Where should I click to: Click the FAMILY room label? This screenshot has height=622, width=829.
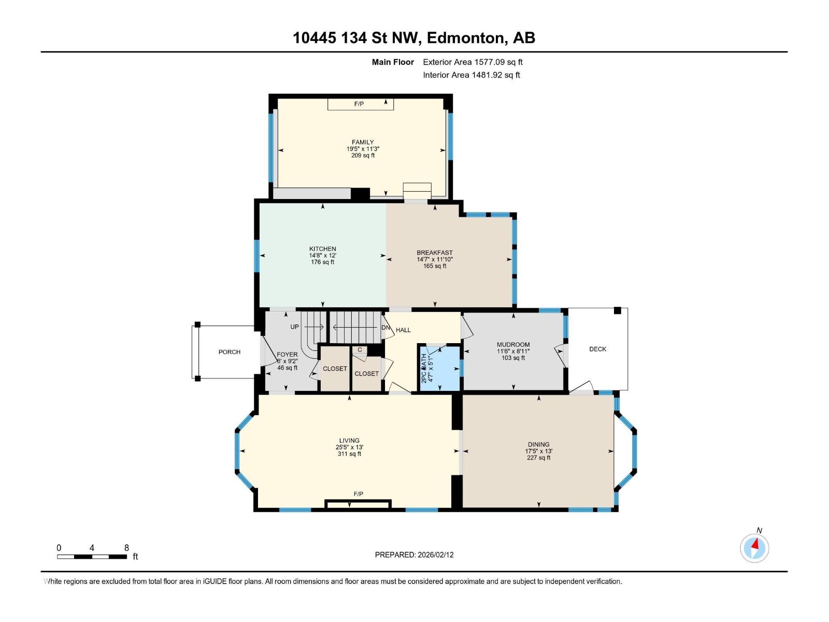click(x=363, y=142)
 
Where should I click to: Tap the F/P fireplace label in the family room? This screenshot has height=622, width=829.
click(x=359, y=104)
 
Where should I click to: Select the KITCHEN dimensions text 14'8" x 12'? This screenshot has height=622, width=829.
click(x=322, y=256)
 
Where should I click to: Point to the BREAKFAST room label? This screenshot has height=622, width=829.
click(x=434, y=252)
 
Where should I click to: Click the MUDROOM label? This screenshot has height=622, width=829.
click(x=513, y=344)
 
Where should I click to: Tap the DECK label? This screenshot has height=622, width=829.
click(x=597, y=349)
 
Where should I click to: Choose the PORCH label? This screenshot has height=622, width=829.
click(x=229, y=352)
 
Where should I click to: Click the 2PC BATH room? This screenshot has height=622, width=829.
click(x=439, y=369)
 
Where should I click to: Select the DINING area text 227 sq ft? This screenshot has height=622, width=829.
click(x=538, y=458)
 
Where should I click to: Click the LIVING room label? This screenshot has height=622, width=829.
click(x=349, y=441)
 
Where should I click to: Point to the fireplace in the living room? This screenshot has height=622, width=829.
click(x=358, y=504)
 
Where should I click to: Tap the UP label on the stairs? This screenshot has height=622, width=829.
click(x=294, y=327)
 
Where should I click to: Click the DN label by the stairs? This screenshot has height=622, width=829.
click(x=385, y=328)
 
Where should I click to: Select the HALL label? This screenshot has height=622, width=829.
click(x=403, y=330)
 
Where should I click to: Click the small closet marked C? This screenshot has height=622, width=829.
click(x=360, y=350)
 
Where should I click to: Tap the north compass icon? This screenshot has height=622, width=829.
click(x=754, y=548)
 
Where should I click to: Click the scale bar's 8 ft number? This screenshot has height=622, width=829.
click(x=126, y=548)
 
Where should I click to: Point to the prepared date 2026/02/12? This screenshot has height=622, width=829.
click(x=435, y=555)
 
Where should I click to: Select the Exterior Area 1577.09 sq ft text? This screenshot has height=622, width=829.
click(x=473, y=62)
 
